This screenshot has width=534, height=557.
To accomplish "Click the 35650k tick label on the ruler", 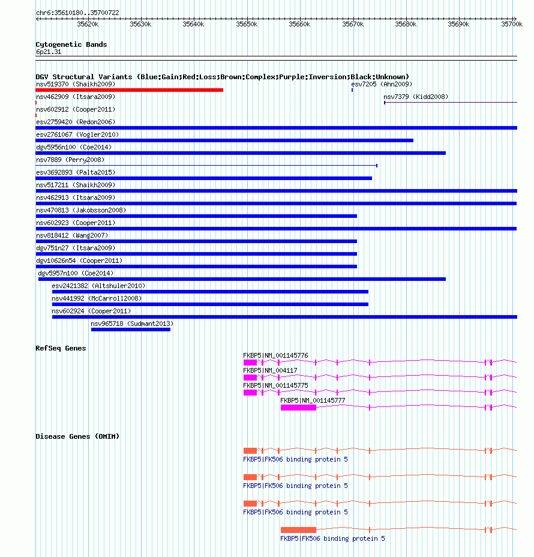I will [246, 25].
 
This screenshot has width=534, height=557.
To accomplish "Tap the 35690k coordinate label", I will [458, 25].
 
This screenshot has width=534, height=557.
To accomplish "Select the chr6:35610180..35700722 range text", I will [77, 13].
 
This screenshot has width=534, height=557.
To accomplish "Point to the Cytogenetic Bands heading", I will [71, 44].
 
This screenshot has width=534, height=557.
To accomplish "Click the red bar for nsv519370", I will [129, 90].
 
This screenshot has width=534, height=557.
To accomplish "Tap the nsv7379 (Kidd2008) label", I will [416, 97].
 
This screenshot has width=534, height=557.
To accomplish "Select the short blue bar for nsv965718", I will [130, 329].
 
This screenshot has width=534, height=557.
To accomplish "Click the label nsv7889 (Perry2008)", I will [70, 160].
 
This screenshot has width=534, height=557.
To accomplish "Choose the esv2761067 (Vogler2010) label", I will [77, 134].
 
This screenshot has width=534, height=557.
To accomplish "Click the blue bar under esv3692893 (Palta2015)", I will [203, 178].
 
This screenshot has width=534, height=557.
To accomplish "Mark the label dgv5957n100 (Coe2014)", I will [75, 273].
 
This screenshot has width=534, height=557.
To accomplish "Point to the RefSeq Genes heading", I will [61, 348].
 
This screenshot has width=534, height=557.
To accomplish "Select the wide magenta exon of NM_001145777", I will [298, 408].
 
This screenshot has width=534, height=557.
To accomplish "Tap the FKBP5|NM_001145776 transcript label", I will [275, 355].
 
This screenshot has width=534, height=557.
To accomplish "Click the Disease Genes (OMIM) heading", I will [77, 436].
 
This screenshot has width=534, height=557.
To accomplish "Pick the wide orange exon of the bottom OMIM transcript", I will [298, 529].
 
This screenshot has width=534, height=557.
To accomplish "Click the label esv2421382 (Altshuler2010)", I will [98, 286].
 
